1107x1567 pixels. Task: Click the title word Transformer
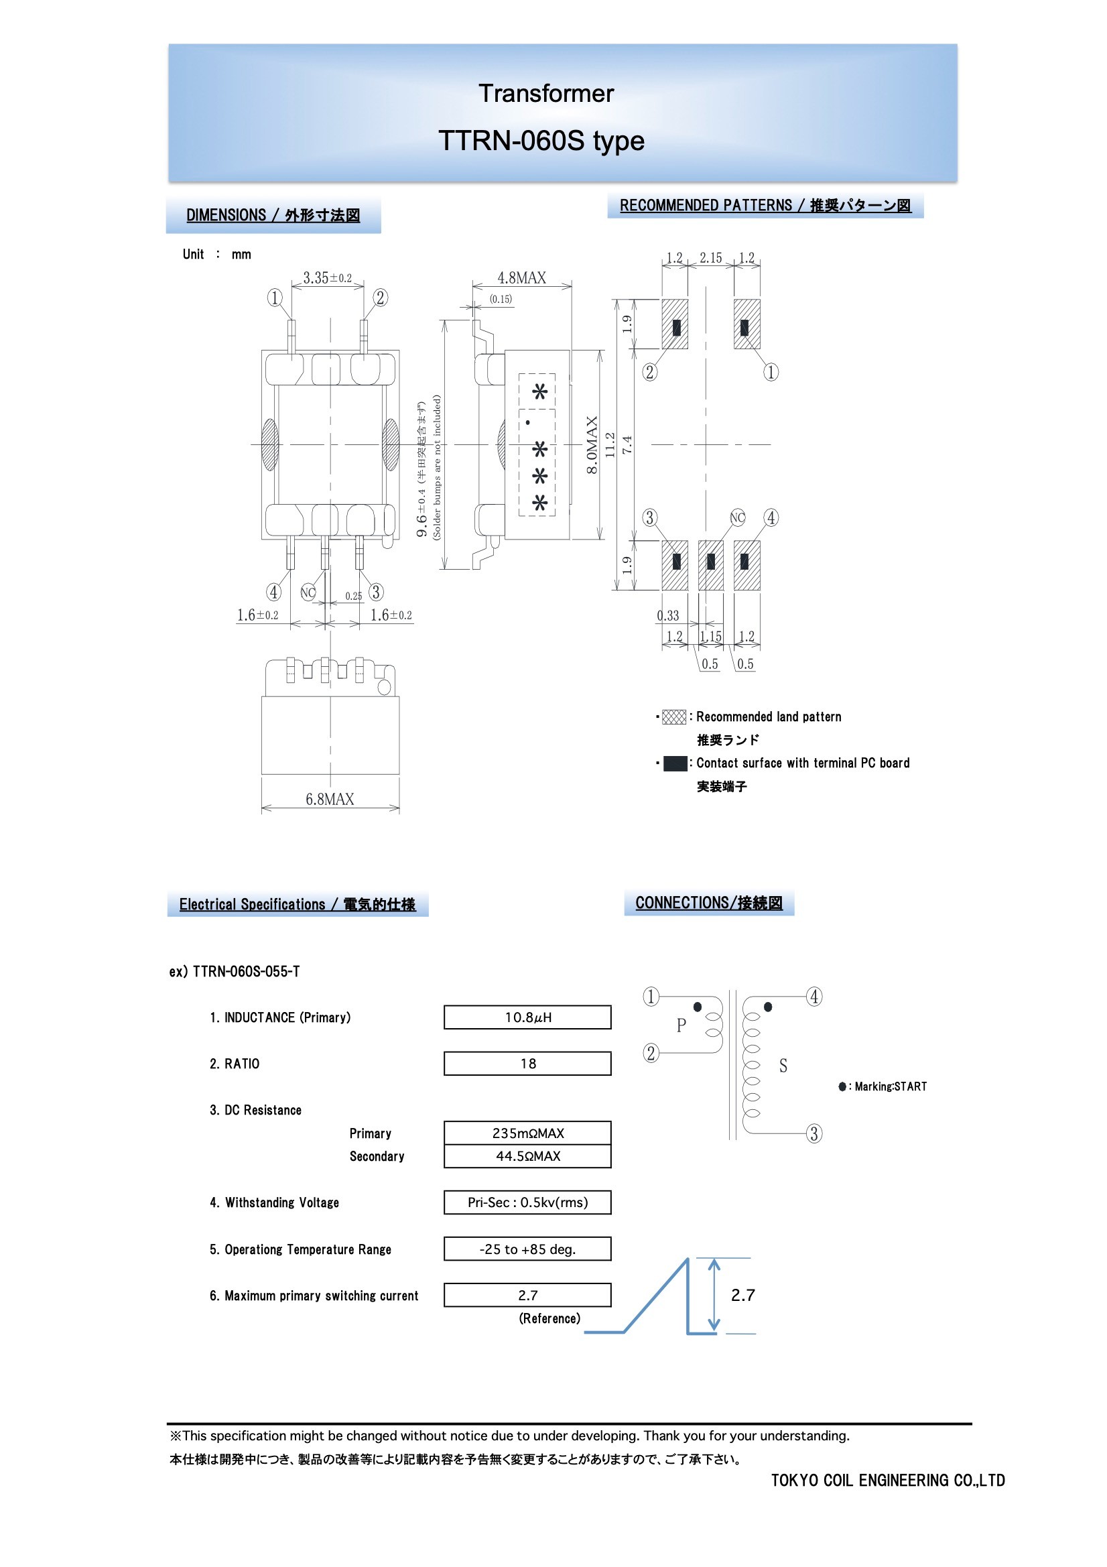pos(545,94)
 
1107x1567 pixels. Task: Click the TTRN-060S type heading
pos(541,141)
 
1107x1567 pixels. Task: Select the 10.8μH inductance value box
pos(527,1017)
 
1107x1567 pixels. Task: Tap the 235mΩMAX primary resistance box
pos(527,1133)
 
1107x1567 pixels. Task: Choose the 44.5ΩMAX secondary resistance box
pos(527,1156)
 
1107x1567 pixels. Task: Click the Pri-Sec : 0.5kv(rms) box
pos(527,1202)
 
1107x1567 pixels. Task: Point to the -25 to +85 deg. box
pos(527,1249)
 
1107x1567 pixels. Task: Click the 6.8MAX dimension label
pos(330,799)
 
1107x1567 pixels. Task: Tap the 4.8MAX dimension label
pos(521,277)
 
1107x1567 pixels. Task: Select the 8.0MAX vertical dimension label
pos(592,445)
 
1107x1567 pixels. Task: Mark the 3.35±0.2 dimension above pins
pos(327,277)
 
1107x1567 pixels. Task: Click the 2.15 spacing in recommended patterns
pos(710,258)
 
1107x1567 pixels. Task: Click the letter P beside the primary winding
pos(680,1025)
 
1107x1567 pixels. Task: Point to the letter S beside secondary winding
pos(783,1066)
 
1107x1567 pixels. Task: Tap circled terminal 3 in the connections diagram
pos(813,1133)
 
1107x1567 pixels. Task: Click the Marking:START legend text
pos(890,1086)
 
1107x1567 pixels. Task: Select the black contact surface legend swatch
pos(674,763)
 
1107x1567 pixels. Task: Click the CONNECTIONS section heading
pos(708,903)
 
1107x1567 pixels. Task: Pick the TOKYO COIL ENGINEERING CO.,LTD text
pos(887,1481)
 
